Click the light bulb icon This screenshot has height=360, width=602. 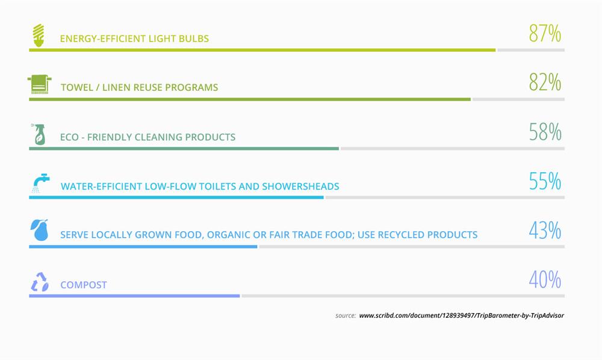pyautogui.click(x=39, y=36)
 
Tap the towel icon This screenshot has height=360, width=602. pyautogui.click(x=39, y=84)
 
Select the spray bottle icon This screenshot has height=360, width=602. pyautogui.click(x=39, y=134)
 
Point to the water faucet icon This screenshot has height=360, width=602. pyautogui.click(x=41, y=183)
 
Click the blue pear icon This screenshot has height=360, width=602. pyautogui.click(x=39, y=230)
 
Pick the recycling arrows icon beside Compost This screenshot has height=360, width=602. pyautogui.click(x=40, y=282)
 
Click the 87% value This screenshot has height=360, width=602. pyautogui.click(x=545, y=33)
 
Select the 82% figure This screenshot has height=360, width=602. pyautogui.click(x=545, y=82)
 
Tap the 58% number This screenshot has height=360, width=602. pyautogui.click(x=545, y=132)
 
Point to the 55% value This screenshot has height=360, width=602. pyautogui.click(x=545, y=181)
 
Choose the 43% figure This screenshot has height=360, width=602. pyautogui.click(x=545, y=231)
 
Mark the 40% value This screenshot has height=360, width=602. pyautogui.click(x=545, y=279)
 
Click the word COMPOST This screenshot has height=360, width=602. pyautogui.click(x=83, y=285)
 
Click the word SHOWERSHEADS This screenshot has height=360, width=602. pyautogui.click(x=300, y=186)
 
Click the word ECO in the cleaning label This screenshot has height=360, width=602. pyautogui.click(x=69, y=137)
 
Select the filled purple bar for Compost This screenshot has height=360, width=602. pyautogui.click(x=134, y=296)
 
